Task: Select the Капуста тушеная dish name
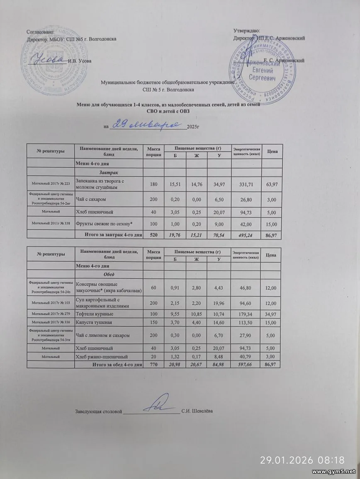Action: point(94,322)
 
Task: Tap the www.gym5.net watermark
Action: point(333,472)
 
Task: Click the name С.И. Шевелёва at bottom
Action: point(197,411)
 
